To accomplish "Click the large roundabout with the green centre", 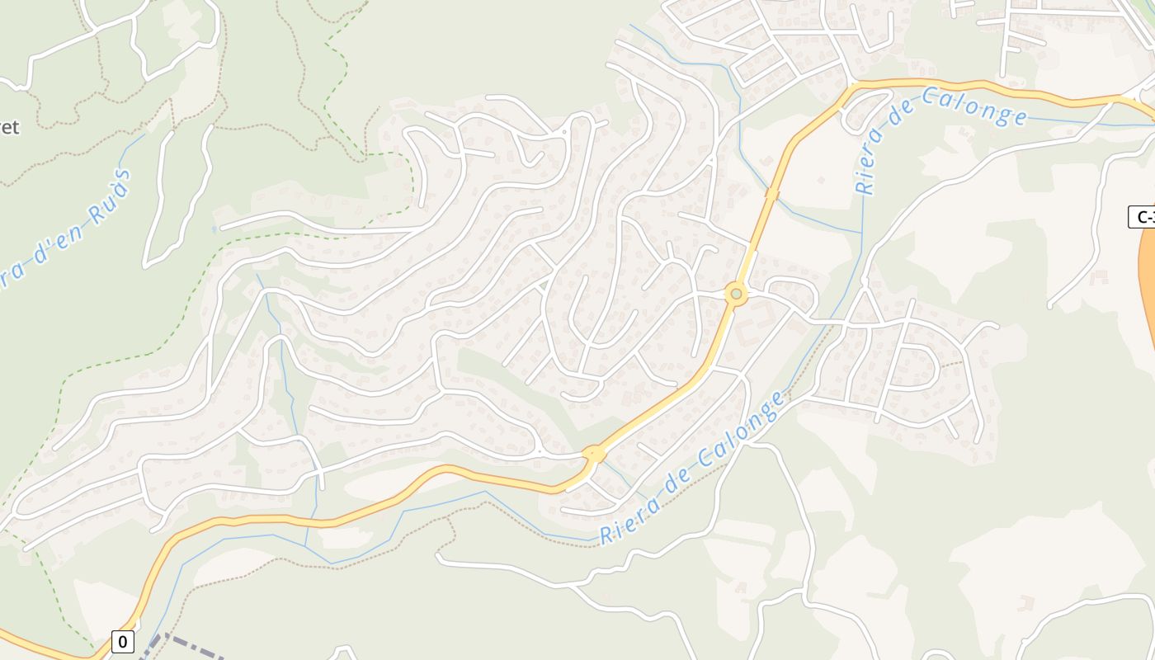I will [736, 294].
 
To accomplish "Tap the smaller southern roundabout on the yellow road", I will [594, 454].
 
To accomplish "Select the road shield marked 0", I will [122, 641].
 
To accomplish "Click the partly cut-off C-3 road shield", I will [1142, 217].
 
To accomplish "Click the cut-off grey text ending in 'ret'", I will [8, 127].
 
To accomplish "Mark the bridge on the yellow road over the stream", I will [771, 194].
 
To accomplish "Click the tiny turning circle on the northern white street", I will [564, 130].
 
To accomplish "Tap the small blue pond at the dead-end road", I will [214, 229].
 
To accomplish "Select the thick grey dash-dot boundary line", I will [190, 647].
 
